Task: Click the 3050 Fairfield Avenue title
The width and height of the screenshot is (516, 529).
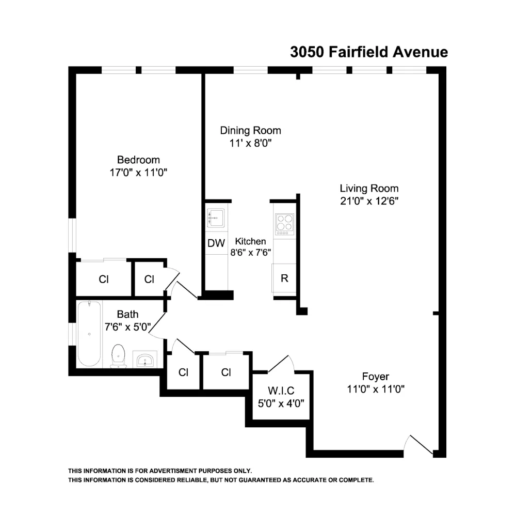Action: pos(369,52)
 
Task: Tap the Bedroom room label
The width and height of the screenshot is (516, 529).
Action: pos(138,160)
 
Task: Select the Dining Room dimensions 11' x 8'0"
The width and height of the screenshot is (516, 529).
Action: pos(250,143)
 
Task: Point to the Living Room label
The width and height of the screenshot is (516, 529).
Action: pos(369,188)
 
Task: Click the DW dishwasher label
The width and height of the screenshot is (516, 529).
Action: pos(216,243)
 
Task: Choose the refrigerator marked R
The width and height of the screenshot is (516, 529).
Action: pos(284,278)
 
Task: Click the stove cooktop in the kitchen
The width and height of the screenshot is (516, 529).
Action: pos(285,224)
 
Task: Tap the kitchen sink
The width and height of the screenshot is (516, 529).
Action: pos(216,218)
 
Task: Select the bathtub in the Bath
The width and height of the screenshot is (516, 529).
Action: pos(89,334)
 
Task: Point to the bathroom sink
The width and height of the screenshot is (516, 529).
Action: pos(146,360)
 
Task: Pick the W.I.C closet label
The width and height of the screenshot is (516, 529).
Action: pos(281,391)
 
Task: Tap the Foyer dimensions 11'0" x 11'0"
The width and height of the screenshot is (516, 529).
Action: pos(376,390)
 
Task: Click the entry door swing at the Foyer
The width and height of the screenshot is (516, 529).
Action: pos(418,445)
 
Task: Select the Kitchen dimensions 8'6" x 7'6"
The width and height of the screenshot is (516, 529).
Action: pos(250,252)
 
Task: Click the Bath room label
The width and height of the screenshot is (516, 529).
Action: pos(128,314)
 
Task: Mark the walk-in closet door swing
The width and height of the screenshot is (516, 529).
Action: pos(281,364)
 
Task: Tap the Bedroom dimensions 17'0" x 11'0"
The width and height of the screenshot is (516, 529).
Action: pos(138,173)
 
